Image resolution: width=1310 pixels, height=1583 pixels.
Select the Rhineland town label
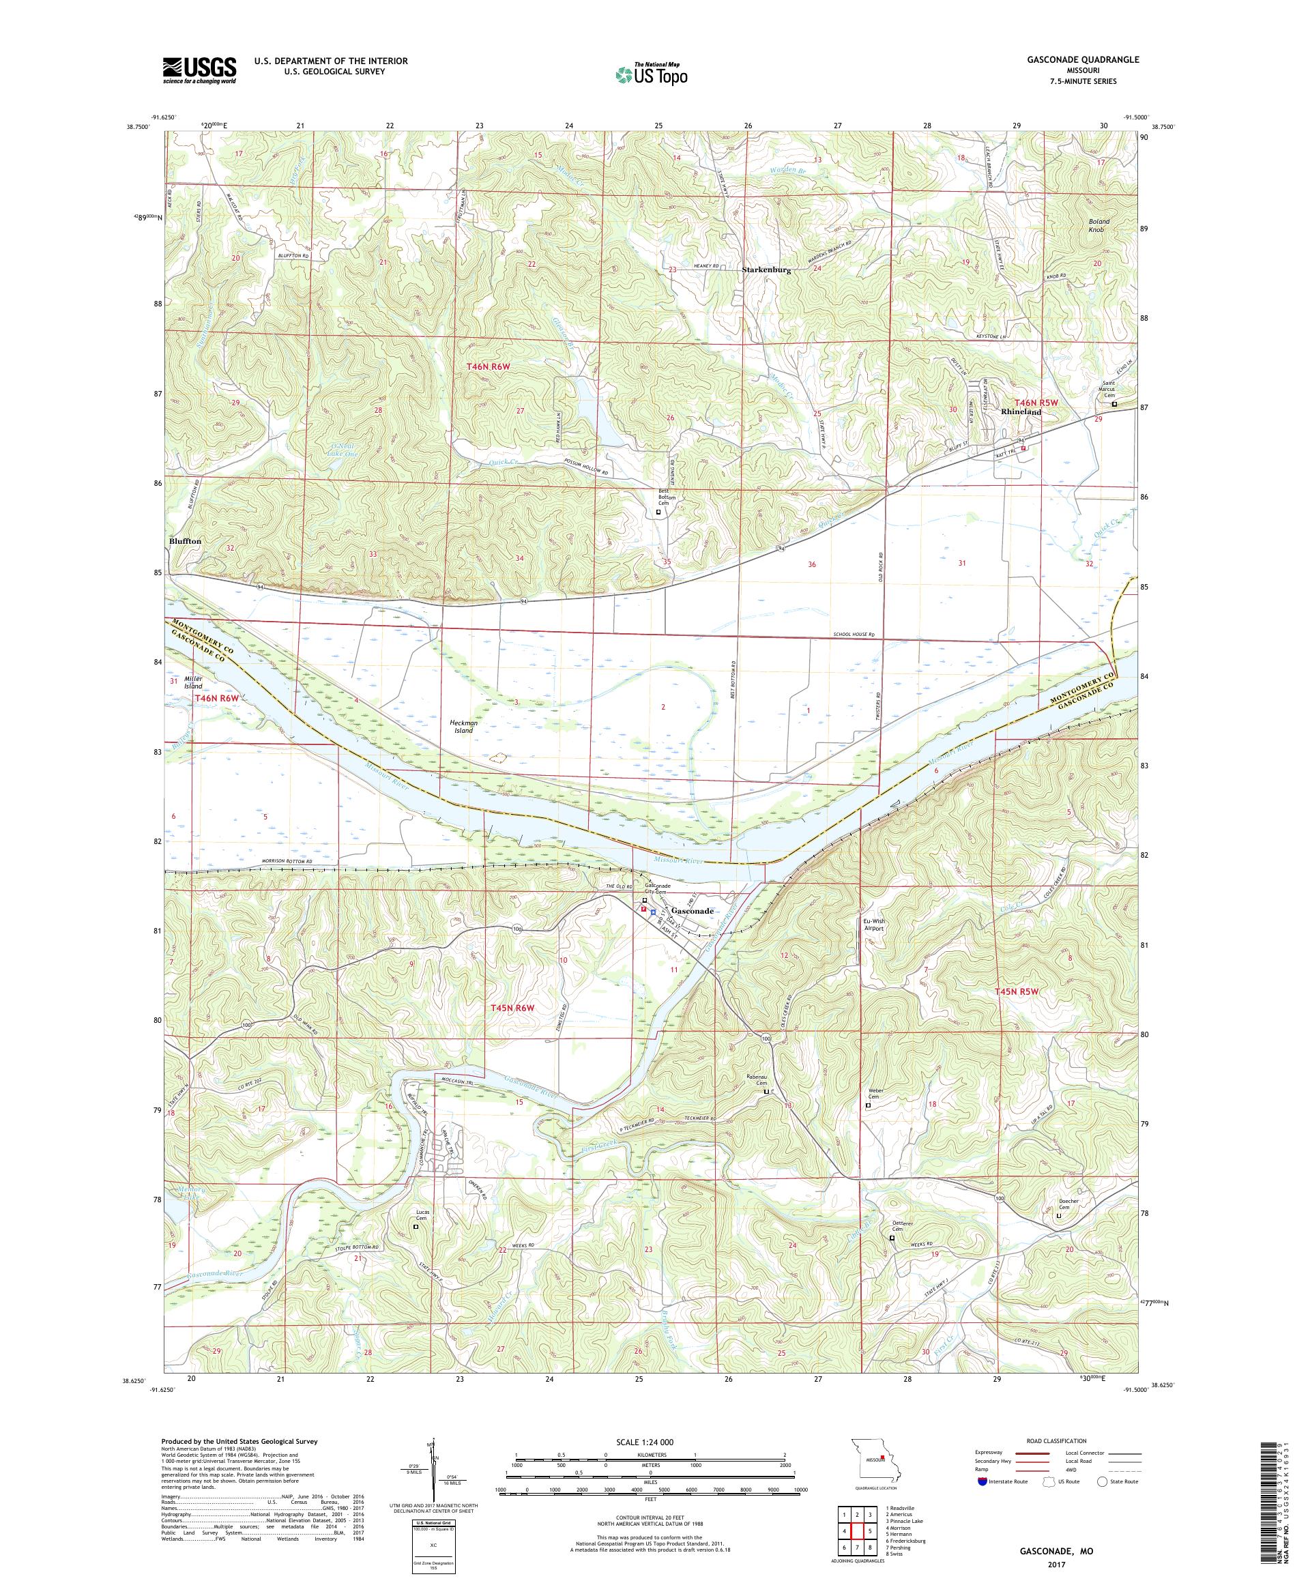tap(1021, 412)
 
